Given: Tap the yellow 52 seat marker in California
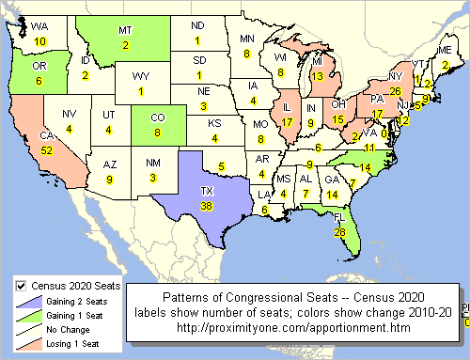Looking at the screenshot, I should click(46, 150).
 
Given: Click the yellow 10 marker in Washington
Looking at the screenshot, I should click(39, 42).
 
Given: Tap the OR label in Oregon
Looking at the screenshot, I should click(39, 68).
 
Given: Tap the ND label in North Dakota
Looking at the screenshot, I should click(197, 25).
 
